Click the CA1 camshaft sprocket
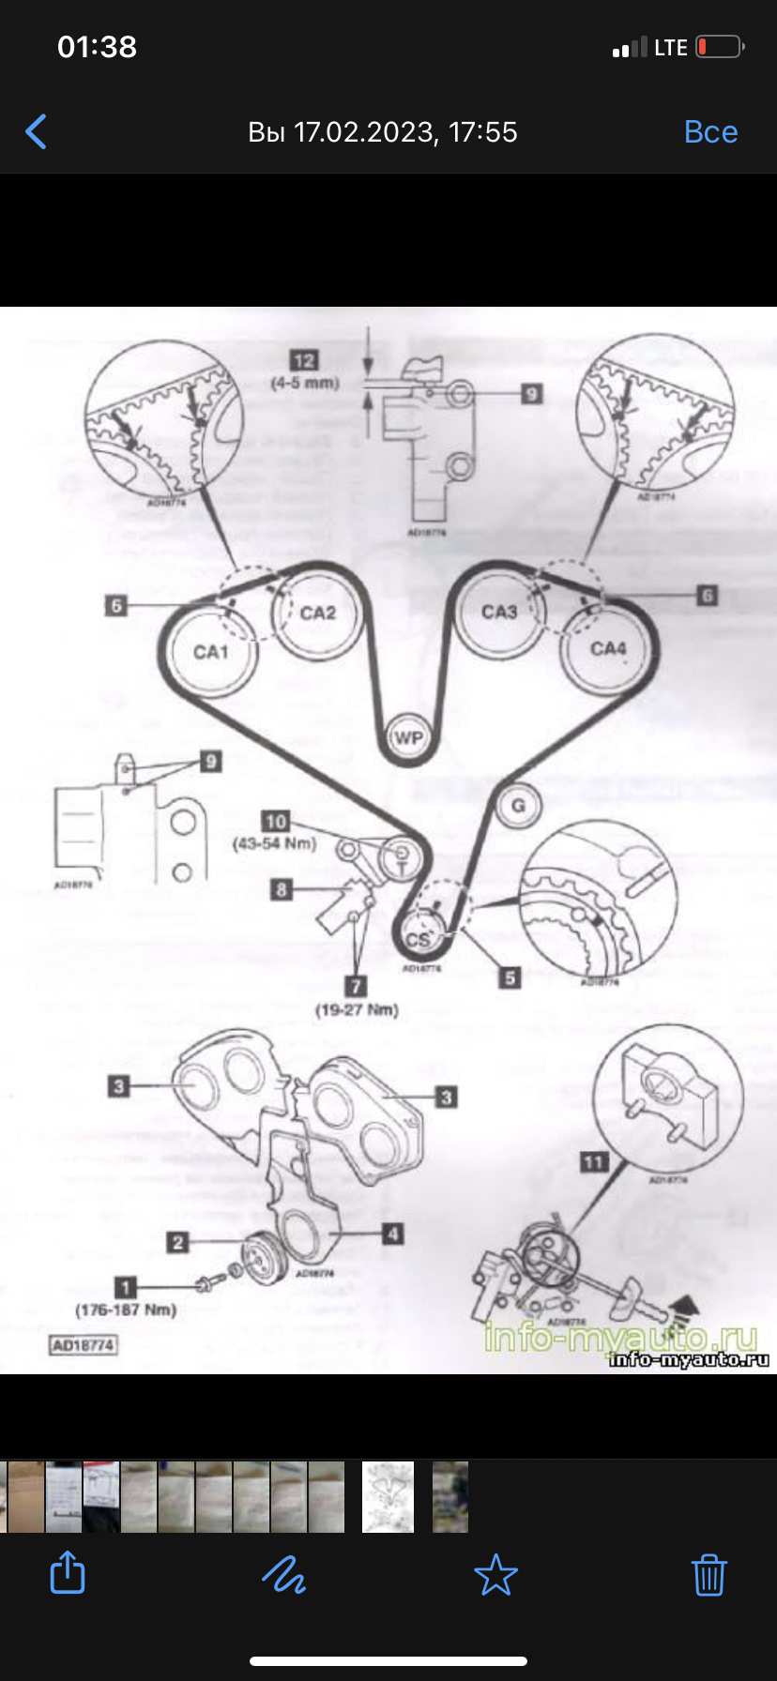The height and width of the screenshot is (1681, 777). (x=211, y=652)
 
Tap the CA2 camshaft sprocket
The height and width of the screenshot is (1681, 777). (x=318, y=613)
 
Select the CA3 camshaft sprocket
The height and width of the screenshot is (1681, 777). (x=499, y=613)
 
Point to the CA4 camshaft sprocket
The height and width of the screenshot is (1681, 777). (x=607, y=649)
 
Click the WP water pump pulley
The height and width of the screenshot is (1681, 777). (x=407, y=738)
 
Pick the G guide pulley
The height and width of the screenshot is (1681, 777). (x=518, y=806)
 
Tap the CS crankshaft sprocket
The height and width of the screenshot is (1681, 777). (x=418, y=939)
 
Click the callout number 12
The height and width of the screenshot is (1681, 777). (x=304, y=361)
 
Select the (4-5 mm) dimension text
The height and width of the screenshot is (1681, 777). (x=304, y=383)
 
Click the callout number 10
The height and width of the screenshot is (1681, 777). (x=276, y=822)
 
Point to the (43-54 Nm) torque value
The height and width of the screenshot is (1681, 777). (x=275, y=843)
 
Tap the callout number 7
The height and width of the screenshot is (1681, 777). (x=356, y=986)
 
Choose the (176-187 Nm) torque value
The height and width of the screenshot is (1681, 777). (x=126, y=1310)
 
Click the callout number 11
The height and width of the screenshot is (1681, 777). (x=594, y=1162)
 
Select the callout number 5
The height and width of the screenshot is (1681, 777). (x=510, y=978)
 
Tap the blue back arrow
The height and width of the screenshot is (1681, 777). (x=37, y=132)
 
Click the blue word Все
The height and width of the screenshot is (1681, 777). (x=710, y=132)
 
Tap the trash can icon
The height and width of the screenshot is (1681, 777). (x=709, y=1575)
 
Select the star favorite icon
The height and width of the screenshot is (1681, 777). (x=495, y=1575)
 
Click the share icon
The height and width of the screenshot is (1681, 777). (x=68, y=1573)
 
